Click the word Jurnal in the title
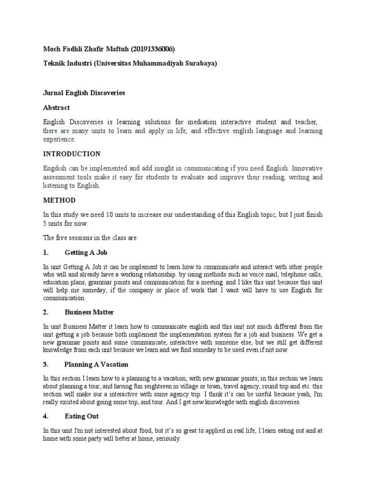pos(52,93)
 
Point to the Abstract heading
pos(56,108)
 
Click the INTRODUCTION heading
pos(72,154)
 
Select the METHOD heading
pos(59,200)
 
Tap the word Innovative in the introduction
pos(307,169)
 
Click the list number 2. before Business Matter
pos(46,312)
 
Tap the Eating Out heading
pos(81,416)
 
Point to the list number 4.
pos(46,416)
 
